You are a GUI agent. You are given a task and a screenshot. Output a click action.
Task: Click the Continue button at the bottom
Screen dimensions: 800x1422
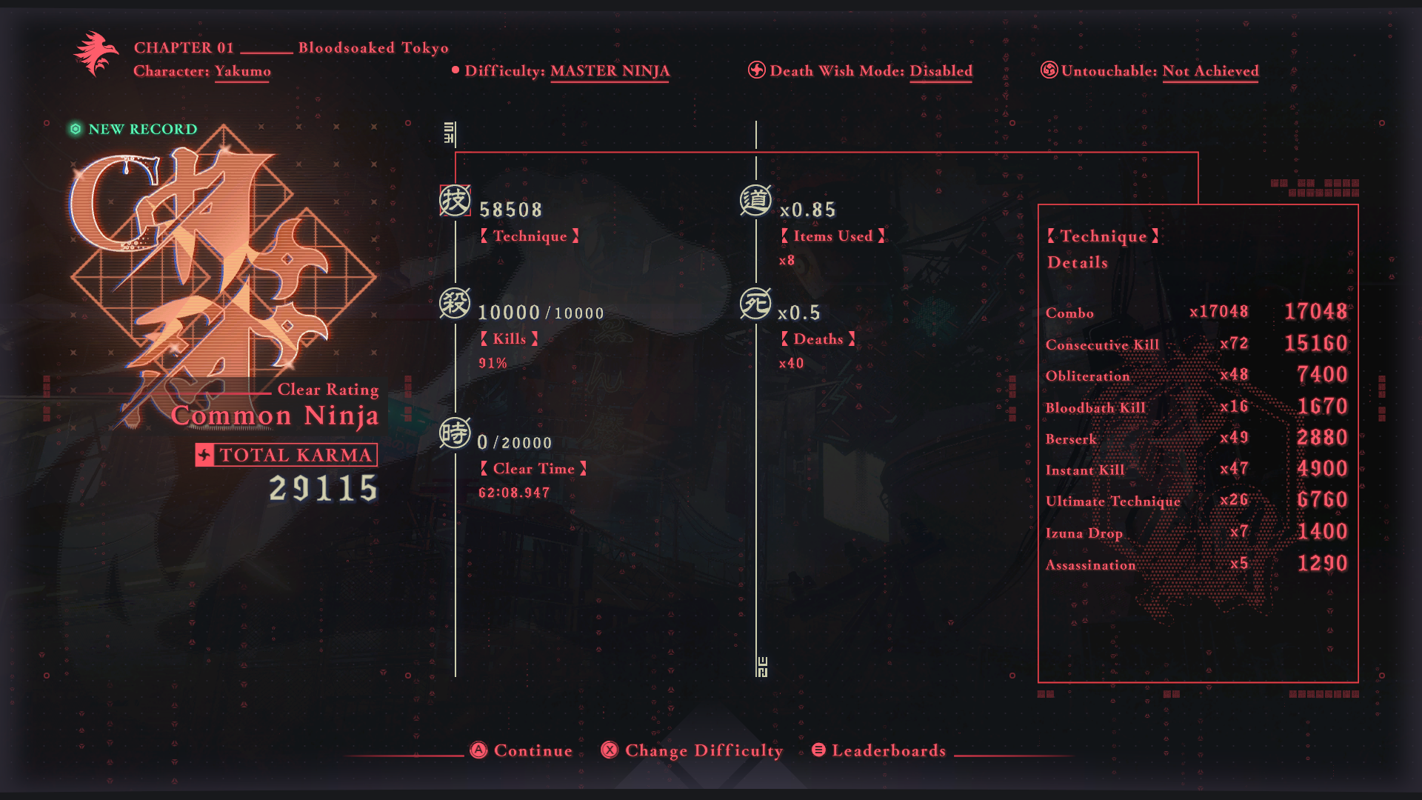tap(522, 750)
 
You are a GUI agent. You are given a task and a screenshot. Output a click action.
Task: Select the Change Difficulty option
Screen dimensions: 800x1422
tap(692, 750)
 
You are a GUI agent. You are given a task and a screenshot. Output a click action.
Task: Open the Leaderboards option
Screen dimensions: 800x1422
tap(879, 750)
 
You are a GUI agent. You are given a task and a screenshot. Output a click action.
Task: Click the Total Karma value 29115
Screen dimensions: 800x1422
tap(323, 488)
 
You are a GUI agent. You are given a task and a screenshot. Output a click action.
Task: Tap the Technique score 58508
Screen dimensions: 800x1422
tap(510, 210)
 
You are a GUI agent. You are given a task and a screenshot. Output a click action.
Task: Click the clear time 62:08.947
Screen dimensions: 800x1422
tap(514, 493)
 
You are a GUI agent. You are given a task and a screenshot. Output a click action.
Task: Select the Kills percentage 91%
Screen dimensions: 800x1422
tap(493, 363)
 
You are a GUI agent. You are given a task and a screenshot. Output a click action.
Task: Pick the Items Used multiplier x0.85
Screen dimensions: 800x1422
tap(807, 210)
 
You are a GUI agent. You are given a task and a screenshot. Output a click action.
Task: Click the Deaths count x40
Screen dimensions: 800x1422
tap(791, 363)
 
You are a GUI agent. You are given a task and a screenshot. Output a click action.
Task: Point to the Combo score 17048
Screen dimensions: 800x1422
tap(1315, 311)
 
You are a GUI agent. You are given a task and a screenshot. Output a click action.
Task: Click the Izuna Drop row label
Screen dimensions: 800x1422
tap(1084, 533)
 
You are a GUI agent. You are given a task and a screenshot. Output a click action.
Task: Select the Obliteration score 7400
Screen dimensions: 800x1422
tap(1322, 375)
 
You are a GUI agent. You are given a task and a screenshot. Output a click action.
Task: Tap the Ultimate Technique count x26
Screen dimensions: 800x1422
tap(1234, 500)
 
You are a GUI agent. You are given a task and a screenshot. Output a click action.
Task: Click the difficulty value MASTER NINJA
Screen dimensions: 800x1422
tap(610, 71)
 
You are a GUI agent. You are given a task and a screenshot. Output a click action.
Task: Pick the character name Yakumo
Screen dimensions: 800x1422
tap(243, 71)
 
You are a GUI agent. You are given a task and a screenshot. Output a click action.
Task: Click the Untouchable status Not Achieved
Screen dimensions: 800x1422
tap(1210, 71)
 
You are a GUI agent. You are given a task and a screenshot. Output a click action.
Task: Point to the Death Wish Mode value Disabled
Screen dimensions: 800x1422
tap(941, 71)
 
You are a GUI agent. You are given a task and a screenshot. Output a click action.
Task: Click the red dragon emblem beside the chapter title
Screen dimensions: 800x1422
tap(96, 53)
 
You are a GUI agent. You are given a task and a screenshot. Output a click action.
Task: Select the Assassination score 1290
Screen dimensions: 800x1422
tap(1322, 564)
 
